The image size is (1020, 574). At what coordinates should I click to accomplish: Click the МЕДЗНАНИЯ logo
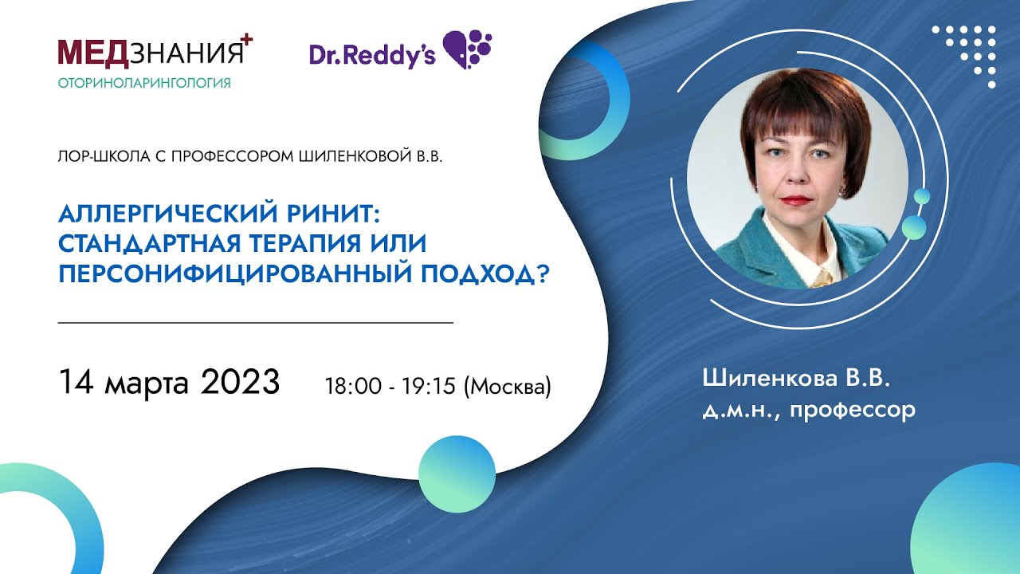pyautogui.click(x=151, y=53)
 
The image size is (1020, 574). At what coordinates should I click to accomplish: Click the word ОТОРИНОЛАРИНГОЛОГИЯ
pyautogui.click(x=144, y=83)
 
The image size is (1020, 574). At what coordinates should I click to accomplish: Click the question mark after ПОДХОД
pyautogui.click(x=546, y=274)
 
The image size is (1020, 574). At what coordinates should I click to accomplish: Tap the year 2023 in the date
pyautogui.click(x=240, y=383)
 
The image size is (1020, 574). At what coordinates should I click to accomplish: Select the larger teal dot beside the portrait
pyautogui.click(x=914, y=226)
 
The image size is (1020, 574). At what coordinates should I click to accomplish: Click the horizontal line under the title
pyautogui.click(x=256, y=323)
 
